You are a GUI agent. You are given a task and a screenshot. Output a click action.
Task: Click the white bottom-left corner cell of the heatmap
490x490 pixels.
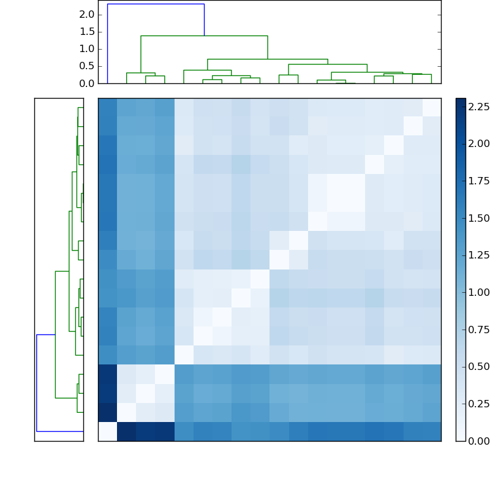107,431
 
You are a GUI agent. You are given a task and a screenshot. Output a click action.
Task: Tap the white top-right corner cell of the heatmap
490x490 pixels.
431,107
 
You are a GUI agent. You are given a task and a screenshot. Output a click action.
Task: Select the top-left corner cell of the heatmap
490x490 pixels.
107,107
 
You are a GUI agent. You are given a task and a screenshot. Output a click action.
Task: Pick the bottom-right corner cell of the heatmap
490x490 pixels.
431,431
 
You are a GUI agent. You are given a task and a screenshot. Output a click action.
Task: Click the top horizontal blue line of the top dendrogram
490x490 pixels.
156,4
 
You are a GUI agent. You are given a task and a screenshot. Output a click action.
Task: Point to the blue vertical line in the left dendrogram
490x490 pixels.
37,383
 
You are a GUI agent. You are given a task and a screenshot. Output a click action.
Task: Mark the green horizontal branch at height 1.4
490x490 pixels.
204,36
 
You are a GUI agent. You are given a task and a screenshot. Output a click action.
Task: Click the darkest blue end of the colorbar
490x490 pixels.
461,100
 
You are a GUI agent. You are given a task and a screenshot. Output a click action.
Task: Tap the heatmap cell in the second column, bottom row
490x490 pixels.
126,431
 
